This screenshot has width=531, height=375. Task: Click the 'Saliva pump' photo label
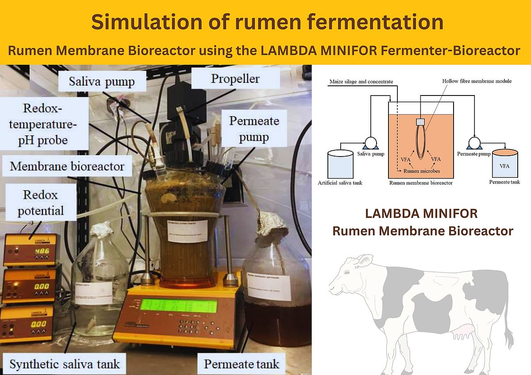pos(101,81)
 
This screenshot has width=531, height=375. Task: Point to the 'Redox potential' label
pos(41,203)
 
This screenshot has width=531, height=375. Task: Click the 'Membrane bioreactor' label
pos(67,167)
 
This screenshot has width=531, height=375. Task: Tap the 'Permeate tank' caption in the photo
pos(242,364)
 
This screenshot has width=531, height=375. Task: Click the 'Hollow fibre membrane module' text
pos(477,81)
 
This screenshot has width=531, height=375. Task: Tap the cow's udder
pos(464,332)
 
